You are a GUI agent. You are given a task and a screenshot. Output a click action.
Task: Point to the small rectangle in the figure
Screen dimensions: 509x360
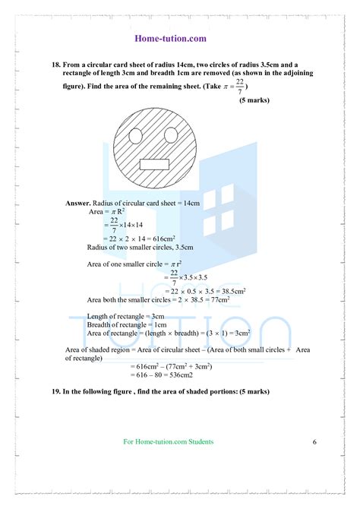(156, 163)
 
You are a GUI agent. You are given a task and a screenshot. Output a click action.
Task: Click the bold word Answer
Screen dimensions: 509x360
(77, 204)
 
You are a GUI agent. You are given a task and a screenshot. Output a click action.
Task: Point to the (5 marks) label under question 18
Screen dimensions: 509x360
(253, 100)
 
